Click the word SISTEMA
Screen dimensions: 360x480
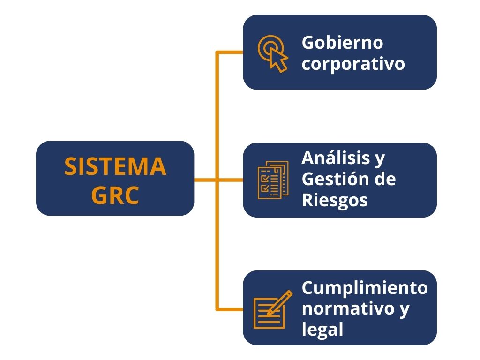tap(115, 166)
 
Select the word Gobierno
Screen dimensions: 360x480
tap(342, 43)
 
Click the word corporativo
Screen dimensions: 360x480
tap(353, 64)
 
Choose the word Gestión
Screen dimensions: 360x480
tap(336, 179)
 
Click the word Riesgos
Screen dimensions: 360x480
tap(334, 200)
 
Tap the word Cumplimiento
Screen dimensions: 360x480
tap(364, 287)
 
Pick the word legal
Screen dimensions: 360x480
tap(322, 330)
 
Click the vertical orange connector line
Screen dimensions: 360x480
tap(217, 117)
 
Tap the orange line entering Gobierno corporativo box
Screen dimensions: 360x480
tap(230, 52)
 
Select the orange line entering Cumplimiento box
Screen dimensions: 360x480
tap(230, 309)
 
